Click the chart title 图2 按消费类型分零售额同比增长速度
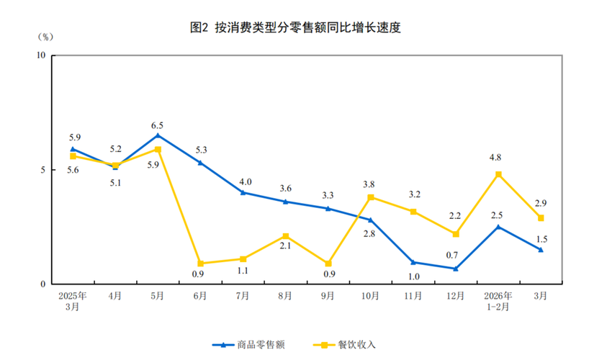[x=294, y=28]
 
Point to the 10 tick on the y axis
[x=41, y=55]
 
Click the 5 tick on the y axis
[x=43, y=170]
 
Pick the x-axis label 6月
[x=200, y=295]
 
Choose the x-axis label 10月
[x=370, y=295]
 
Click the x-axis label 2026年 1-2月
[x=498, y=300]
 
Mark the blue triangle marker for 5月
[x=158, y=135]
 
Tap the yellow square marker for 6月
[x=200, y=264]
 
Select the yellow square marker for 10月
[x=371, y=197]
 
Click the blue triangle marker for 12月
[x=456, y=269]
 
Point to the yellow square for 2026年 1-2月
[x=498, y=174]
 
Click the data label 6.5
[x=158, y=125]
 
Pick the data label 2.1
[x=286, y=247]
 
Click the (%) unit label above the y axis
[x=43, y=37]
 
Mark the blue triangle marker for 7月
[x=243, y=192]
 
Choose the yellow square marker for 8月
[x=285, y=236]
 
